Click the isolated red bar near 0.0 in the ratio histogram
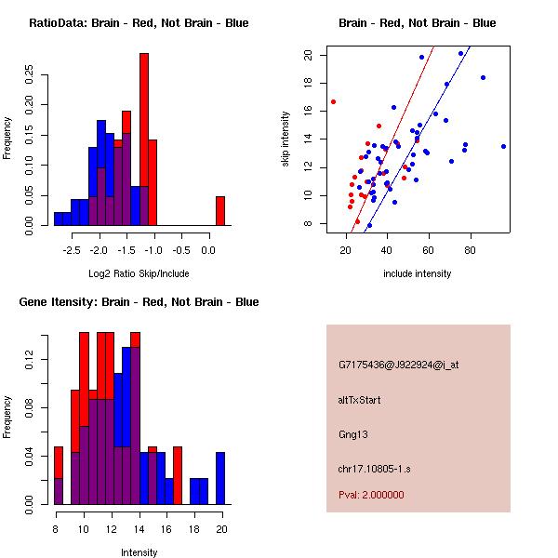(x=220, y=210)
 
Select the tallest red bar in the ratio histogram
(x=144, y=139)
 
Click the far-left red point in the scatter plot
(x=333, y=101)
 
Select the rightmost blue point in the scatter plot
(x=503, y=146)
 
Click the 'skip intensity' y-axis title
(x=287, y=139)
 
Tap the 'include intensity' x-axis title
(x=418, y=273)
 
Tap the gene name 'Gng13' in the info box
(x=353, y=433)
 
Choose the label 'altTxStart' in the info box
(x=360, y=400)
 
